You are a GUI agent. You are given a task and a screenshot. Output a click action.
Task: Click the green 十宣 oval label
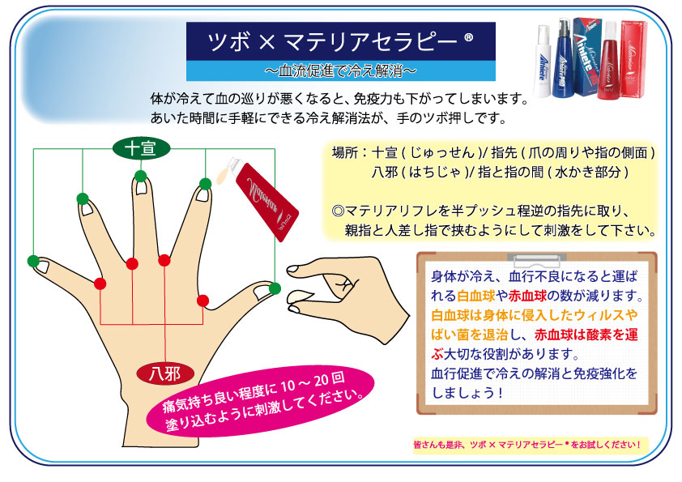coord(141,149)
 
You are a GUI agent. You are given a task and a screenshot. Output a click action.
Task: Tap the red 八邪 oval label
coord(165,373)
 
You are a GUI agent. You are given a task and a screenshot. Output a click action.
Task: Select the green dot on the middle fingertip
coord(140,176)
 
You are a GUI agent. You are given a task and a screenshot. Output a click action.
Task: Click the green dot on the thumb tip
coord(275,288)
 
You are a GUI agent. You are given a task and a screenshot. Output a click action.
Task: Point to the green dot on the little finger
coord(33,261)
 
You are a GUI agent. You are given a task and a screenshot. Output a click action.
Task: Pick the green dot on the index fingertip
coord(205,184)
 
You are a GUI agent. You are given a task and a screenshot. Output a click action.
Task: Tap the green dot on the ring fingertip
coord(83,198)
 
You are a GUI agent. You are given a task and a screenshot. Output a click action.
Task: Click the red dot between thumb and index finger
coord(202,301)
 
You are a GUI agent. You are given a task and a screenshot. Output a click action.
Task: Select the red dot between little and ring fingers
coord(100,284)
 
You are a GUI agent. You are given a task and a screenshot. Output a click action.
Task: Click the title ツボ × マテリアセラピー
coord(340,42)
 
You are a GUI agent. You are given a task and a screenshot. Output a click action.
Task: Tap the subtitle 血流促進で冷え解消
coord(340,71)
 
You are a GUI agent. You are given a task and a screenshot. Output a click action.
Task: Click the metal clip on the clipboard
coord(537,260)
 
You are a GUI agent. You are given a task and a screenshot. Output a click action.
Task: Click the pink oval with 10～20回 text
coord(261,401)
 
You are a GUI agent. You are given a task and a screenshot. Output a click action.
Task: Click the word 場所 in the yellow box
coord(345,153)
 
